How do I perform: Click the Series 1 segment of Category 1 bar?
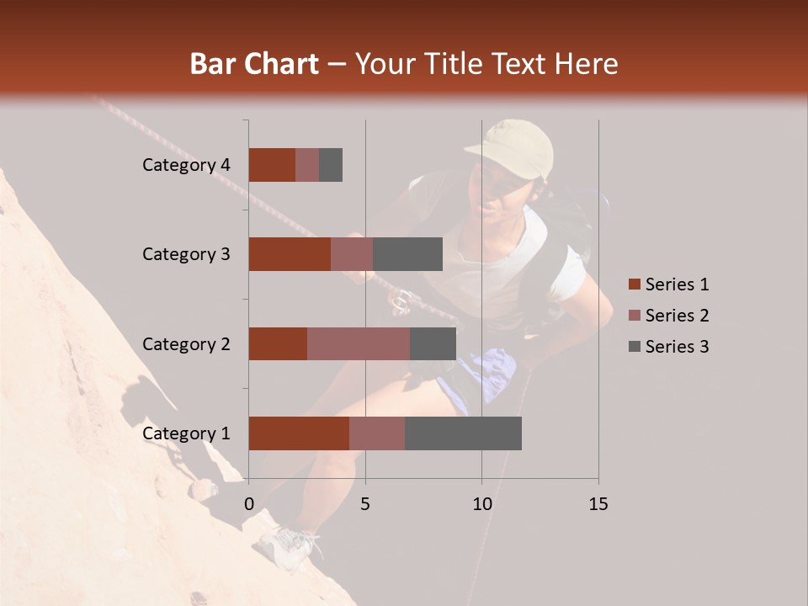(x=299, y=433)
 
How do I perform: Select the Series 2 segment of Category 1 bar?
(x=377, y=433)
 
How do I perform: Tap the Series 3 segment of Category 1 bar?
(x=463, y=433)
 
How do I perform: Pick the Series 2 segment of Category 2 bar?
(x=359, y=343)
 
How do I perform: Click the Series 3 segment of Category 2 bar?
(x=433, y=343)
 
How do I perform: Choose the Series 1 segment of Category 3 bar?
(x=290, y=254)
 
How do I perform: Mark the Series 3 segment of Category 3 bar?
(x=408, y=254)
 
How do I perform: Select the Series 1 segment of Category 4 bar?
(x=272, y=165)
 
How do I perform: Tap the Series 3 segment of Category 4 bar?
(x=331, y=165)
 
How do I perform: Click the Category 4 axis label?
(x=186, y=165)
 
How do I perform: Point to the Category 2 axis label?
(x=186, y=343)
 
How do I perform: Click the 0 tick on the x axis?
(x=249, y=504)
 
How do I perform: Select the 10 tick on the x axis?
(x=481, y=504)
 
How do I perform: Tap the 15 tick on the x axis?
(x=598, y=504)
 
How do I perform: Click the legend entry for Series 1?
(x=669, y=284)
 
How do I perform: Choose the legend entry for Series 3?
(x=669, y=347)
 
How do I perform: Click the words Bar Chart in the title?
(x=254, y=64)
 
